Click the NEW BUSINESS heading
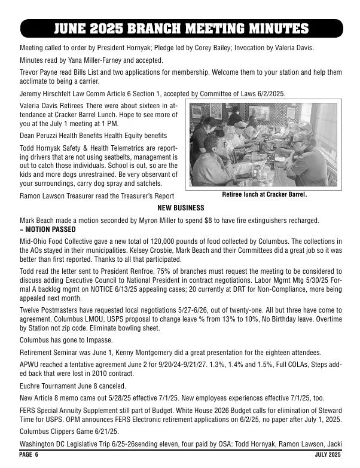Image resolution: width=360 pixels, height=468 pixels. point(180,208)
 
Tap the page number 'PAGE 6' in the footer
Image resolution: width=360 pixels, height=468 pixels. point(28,455)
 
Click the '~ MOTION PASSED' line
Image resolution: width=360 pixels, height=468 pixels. point(48,230)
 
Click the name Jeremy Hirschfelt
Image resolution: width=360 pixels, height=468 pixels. point(46,93)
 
